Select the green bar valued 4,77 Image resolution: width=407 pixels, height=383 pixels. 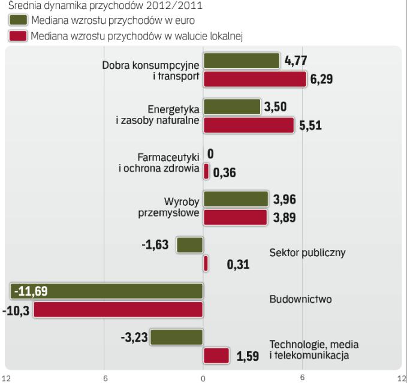(x=242, y=60)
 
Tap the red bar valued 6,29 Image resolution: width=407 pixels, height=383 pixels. (x=255, y=79)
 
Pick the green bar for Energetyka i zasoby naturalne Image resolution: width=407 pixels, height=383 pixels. (x=231, y=107)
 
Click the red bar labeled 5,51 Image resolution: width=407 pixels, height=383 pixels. (x=248, y=125)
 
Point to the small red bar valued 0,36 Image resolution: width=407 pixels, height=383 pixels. (x=206, y=172)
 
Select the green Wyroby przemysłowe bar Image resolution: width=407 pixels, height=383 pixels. (x=236, y=199)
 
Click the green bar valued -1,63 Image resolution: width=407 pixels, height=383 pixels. (x=190, y=244)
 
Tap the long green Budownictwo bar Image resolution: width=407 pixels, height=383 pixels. (x=107, y=291)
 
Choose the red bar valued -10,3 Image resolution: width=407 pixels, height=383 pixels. (x=118, y=309)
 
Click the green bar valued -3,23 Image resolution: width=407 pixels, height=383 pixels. (x=177, y=338)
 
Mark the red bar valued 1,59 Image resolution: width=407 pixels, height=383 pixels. (x=216, y=355)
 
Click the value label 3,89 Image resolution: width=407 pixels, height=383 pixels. (x=284, y=218)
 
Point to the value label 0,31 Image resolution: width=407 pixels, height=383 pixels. (x=238, y=264)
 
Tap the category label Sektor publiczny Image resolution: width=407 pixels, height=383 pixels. (x=307, y=252)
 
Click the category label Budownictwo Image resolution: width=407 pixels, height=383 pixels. (x=300, y=299)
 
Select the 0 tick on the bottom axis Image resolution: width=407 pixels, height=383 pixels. (x=203, y=377)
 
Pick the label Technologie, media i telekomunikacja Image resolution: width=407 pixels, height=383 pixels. (x=309, y=349)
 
